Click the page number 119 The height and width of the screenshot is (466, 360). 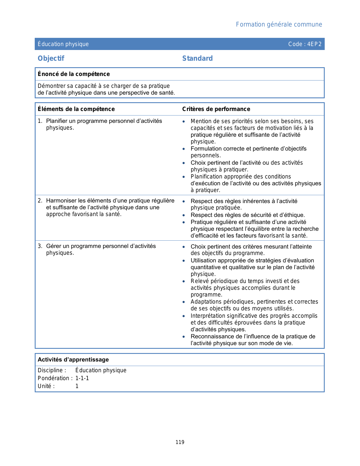pyautogui.click(x=180, y=442)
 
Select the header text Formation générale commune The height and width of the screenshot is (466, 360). pyautogui.click(x=279, y=25)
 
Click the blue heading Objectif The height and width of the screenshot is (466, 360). pyautogui.click(x=51, y=58)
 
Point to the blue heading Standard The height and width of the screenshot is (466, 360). pyautogui.click(x=197, y=58)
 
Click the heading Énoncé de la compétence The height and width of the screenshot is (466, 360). pyautogui.click(x=74, y=74)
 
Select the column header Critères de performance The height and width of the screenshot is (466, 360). pyautogui.click(x=216, y=109)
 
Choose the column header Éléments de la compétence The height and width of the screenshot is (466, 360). pyautogui.click(x=76, y=109)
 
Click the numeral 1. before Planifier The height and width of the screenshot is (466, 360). pyautogui.click(x=40, y=121)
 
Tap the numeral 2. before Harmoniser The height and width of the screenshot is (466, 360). pyautogui.click(x=40, y=201)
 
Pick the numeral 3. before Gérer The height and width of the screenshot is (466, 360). pyautogui.click(x=40, y=246)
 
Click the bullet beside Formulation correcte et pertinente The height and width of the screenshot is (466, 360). pyautogui.click(x=184, y=149)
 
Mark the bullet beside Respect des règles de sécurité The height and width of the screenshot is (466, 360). pyautogui.click(x=184, y=215)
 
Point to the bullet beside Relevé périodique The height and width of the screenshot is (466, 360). pyautogui.click(x=184, y=281)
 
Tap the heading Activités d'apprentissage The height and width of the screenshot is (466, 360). pyautogui.click(x=73, y=360)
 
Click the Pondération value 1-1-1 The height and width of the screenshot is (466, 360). pyautogui.click(x=82, y=378)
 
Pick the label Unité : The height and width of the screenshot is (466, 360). pyautogui.click(x=46, y=386)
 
